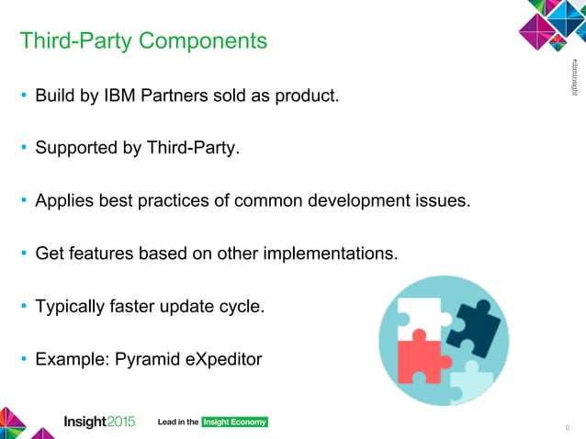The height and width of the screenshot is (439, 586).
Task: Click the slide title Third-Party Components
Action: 143,41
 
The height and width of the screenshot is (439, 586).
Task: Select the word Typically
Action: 71,305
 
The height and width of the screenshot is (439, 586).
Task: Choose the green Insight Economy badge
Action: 234,422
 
